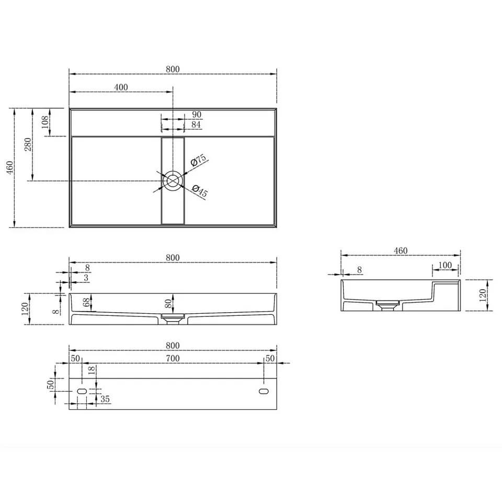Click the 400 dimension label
(121, 87)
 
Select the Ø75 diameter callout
(199, 160)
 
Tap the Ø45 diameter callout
(200, 191)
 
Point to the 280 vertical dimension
(28, 144)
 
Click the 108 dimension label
(45, 122)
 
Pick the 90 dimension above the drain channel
(197, 115)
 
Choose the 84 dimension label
(196, 124)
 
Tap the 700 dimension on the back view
(173, 358)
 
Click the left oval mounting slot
(82, 391)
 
